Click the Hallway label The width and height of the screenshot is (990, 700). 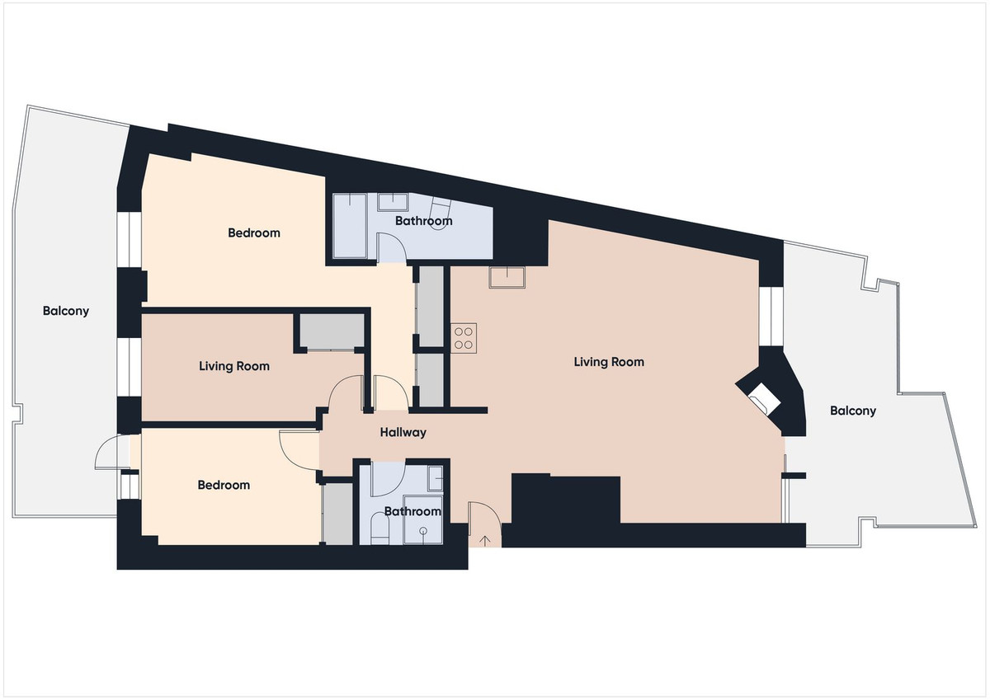403,432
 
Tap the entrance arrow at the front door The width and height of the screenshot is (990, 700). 485,541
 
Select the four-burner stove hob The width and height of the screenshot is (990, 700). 464,338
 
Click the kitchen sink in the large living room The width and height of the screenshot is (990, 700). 507,277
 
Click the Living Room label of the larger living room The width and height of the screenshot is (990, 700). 609,362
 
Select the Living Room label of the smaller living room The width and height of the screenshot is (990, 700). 233,366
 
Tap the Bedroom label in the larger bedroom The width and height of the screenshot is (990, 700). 254,233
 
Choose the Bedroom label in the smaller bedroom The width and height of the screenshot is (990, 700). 224,485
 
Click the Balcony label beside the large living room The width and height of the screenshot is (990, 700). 852,411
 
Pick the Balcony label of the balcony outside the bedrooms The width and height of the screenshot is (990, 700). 66,312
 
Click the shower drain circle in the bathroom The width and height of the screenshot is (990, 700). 423,530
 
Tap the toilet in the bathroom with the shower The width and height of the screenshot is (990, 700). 379,529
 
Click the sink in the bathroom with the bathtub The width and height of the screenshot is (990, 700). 393,202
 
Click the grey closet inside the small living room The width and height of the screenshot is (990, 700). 332,331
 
